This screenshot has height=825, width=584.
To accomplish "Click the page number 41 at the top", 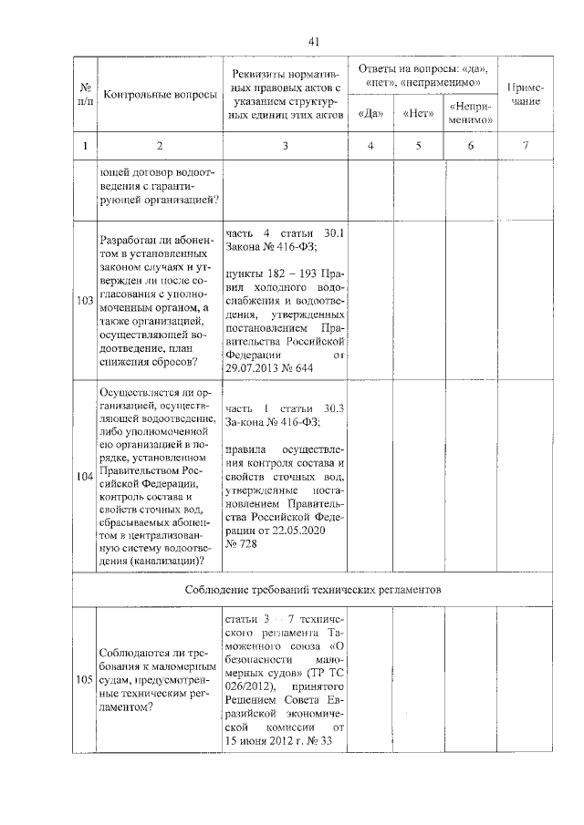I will (x=313, y=41).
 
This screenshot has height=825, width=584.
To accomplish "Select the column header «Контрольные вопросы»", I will (x=161, y=95).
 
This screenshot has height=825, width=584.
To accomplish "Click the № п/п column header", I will (x=85, y=95).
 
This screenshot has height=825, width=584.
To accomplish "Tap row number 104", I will (x=85, y=476).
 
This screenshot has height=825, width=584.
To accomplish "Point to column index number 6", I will (x=470, y=146).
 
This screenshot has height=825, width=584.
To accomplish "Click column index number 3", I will (x=285, y=146).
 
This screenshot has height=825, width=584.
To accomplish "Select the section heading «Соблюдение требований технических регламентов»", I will (x=313, y=590).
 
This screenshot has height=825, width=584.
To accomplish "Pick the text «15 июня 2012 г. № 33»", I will (x=276, y=741).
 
